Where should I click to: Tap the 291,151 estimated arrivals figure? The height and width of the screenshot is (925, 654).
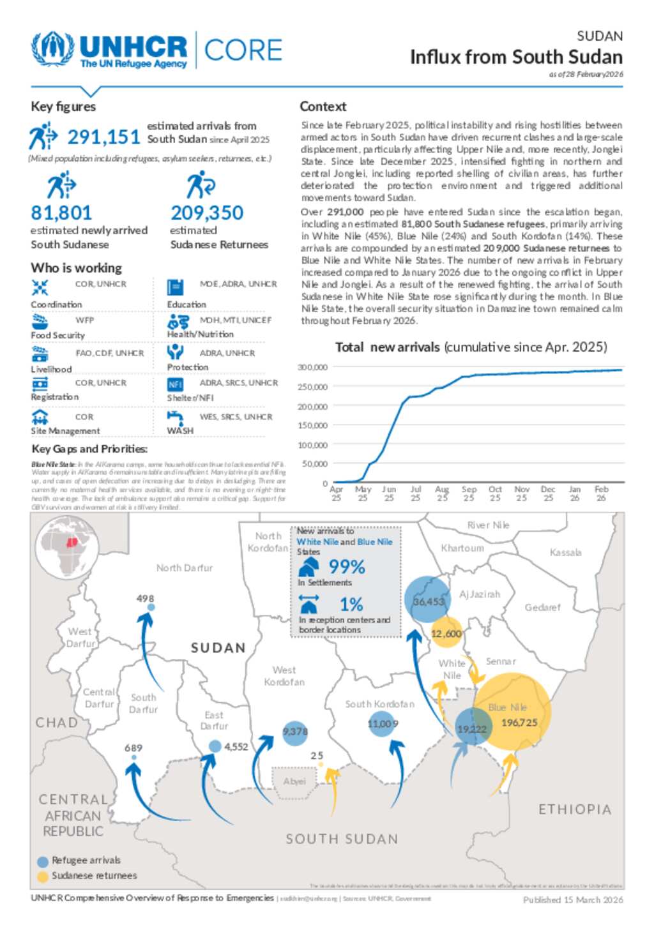[x=103, y=137]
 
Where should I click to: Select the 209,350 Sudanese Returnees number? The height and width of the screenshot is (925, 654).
[x=207, y=213]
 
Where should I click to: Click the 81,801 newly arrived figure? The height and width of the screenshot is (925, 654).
[x=61, y=213]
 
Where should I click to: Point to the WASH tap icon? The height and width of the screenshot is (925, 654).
[x=175, y=417]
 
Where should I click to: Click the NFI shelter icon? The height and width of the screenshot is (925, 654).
[x=175, y=384]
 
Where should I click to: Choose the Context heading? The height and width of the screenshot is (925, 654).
[x=323, y=107]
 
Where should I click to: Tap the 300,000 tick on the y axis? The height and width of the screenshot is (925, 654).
[x=313, y=367]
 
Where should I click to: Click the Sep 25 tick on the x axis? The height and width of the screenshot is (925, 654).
[x=469, y=493]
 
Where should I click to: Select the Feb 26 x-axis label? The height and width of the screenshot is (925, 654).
[x=601, y=493]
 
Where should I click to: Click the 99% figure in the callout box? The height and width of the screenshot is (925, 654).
[x=347, y=567]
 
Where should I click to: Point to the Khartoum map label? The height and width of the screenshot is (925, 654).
[x=462, y=548]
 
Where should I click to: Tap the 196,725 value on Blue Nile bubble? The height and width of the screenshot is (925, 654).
[x=519, y=723]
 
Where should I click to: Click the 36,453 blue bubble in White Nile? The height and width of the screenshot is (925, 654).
[x=428, y=601]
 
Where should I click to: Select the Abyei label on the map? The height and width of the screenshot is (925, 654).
[x=294, y=781]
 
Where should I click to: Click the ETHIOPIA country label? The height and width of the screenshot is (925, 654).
[x=575, y=809]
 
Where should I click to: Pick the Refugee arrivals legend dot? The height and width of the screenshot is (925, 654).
[x=43, y=861]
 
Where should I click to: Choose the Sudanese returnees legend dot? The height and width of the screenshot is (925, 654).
[x=43, y=876]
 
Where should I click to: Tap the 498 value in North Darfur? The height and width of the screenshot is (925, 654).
[x=145, y=598]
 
